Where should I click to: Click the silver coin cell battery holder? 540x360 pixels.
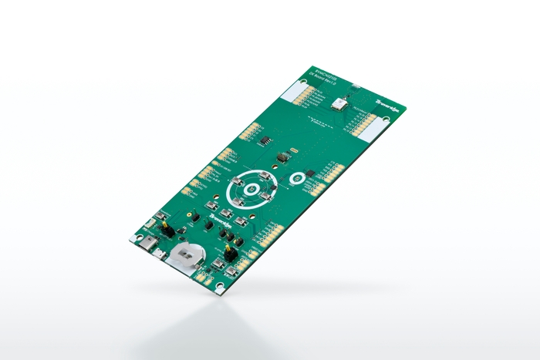pos(186,254)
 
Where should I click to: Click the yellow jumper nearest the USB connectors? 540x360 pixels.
pos(165,229)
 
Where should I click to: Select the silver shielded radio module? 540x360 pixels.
pos(339,102)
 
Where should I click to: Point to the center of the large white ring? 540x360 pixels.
pos(250,188)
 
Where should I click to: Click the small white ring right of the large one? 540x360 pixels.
pos(296,180)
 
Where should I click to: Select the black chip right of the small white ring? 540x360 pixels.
pos(310,171)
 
